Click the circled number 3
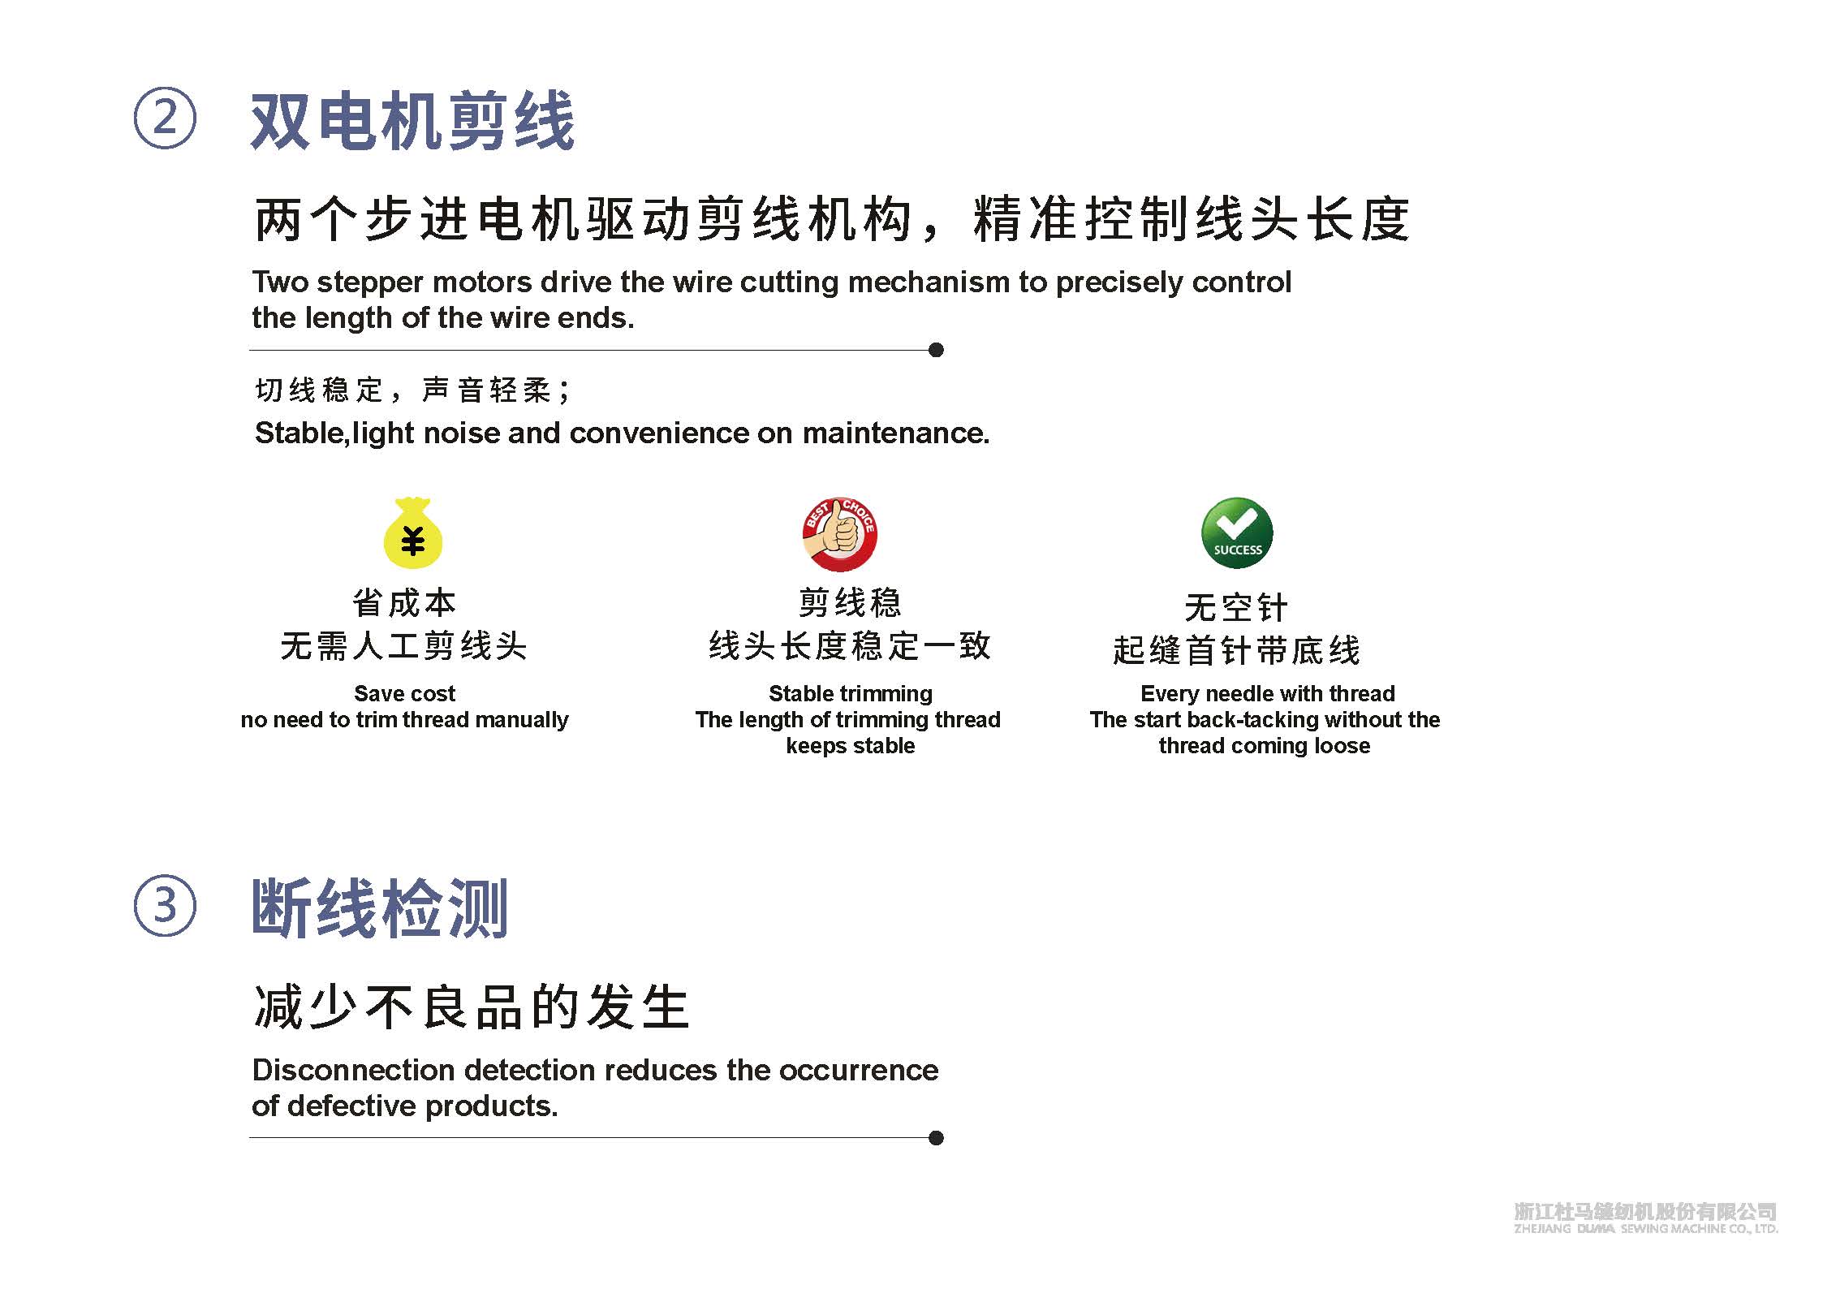[x=165, y=905]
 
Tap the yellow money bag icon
[x=412, y=533]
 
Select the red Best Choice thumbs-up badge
[x=839, y=533]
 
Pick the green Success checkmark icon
[x=1237, y=532]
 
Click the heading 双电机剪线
[x=412, y=122]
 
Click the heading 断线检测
[x=380, y=908]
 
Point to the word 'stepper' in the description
[x=369, y=282]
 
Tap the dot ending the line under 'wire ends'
[x=936, y=350]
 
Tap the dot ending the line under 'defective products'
[x=936, y=1138]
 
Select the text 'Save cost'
[x=404, y=693]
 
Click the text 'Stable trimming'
[x=850, y=693]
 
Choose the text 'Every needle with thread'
[x=1267, y=693]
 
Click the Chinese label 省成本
[x=404, y=603]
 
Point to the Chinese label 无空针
[x=1236, y=607]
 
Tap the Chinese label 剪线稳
[x=850, y=603]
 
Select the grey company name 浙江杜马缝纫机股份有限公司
[x=1644, y=1212]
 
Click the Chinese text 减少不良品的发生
[x=472, y=1007]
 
